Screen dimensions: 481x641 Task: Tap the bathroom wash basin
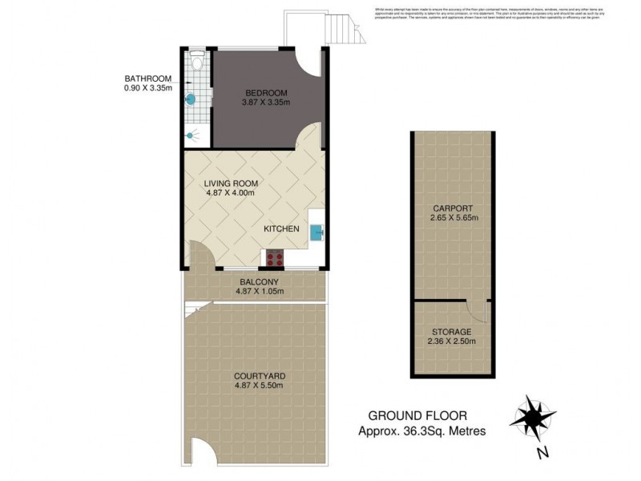point(191,99)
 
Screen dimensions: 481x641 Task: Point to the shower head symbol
point(190,135)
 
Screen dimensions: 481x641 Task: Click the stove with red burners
point(275,258)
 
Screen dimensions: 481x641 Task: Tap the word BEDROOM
point(265,91)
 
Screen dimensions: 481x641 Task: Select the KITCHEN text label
point(281,229)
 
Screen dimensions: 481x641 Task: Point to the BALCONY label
point(259,281)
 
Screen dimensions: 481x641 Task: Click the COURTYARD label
point(260,375)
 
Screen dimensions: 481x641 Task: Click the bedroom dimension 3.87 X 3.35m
point(265,102)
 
